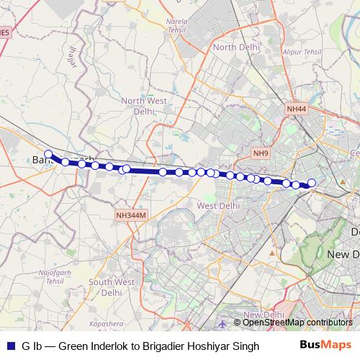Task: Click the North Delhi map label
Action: click(235, 47)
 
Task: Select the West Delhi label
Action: click(217, 205)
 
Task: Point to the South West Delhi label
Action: click(112, 287)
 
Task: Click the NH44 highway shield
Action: click(296, 109)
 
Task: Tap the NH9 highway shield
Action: click(259, 153)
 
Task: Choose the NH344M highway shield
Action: click(130, 215)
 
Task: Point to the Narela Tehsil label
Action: click(176, 26)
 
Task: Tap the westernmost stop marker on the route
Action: click(48, 154)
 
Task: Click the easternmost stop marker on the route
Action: click(312, 183)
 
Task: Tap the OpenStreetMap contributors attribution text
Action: click(297, 323)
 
